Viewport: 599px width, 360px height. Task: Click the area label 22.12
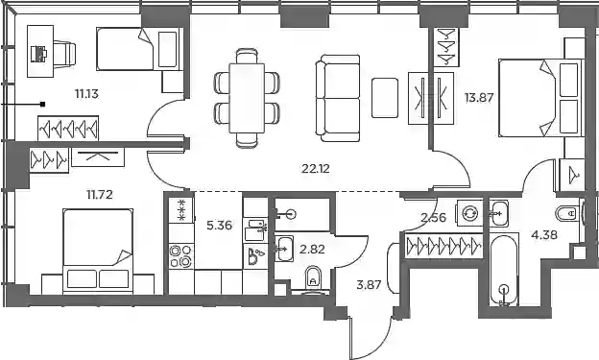tap(315, 168)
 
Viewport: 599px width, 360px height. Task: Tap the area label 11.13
tap(86, 93)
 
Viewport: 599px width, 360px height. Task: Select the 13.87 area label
tap(479, 98)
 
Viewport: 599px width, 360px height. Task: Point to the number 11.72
tap(99, 195)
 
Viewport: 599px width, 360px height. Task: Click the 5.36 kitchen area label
tap(219, 226)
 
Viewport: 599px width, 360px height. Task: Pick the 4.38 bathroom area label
tap(544, 234)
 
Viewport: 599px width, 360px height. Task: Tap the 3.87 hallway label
tap(369, 285)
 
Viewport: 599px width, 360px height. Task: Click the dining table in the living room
tap(247, 98)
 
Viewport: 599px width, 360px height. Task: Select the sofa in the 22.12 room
tap(338, 98)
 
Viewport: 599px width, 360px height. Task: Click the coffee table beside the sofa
tap(385, 98)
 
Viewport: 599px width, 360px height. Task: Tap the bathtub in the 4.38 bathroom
tap(504, 270)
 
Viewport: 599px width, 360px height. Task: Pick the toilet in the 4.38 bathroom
tap(566, 213)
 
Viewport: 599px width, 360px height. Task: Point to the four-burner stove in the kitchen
tap(181, 255)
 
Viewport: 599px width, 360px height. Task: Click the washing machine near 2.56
tap(469, 214)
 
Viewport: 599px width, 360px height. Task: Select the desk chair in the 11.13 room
tap(64, 54)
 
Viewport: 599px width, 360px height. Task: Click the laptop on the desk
tap(38, 54)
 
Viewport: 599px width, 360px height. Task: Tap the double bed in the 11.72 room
tap(98, 251)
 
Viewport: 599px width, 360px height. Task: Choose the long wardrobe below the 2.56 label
tap(443, 245)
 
